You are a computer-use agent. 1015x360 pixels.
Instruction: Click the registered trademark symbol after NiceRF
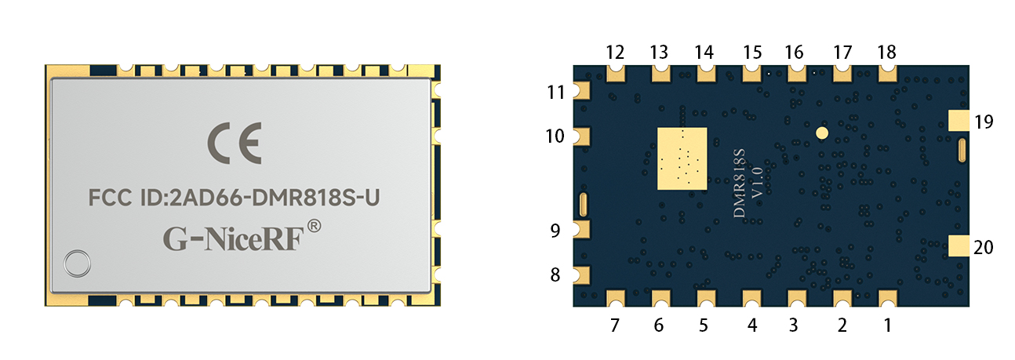[x=313, y=227]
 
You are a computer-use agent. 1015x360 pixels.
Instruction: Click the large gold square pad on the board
[x=682, y=158]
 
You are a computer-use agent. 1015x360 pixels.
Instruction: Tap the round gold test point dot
[x=821, y=133]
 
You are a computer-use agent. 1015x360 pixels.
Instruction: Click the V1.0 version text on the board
[x=757, y=182]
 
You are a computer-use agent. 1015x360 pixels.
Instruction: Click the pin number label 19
[x=984, y=122]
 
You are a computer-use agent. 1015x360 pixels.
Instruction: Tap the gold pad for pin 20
[x=959, y=245]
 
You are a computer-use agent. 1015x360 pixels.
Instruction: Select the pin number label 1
[x=887, y=324]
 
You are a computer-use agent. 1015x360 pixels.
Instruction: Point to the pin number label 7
[x=615, y=324]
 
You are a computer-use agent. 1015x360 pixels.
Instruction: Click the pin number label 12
[x=615, y=53]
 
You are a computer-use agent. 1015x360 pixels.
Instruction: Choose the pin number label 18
[x=886, y=53]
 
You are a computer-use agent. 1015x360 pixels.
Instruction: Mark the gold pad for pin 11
[x=583, y=90]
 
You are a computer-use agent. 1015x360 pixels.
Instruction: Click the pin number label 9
[x=555, y=231]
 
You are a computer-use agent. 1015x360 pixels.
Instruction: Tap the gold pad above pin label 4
[x=752, y=298]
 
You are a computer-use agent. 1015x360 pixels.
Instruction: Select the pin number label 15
[x=752, y=53]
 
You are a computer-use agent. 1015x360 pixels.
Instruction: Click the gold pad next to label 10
[x=583, y=136]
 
